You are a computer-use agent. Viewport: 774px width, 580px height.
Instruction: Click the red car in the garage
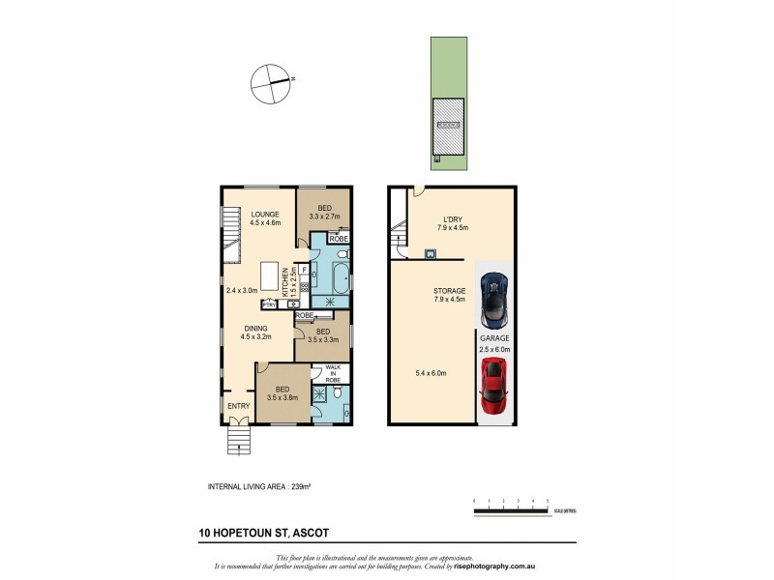click(494, 381)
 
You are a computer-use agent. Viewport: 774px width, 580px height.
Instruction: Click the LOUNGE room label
click(265, 215)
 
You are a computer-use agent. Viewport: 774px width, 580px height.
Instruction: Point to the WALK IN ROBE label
click(333, 374)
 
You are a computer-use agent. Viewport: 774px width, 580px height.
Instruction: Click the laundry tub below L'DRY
click(429, 254)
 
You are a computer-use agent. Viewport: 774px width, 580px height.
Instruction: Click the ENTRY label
click(238, 406)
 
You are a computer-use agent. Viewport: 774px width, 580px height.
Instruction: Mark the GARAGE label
click(494, 340)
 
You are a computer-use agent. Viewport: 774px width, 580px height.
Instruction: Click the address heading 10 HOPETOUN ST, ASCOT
click(255, 532)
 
